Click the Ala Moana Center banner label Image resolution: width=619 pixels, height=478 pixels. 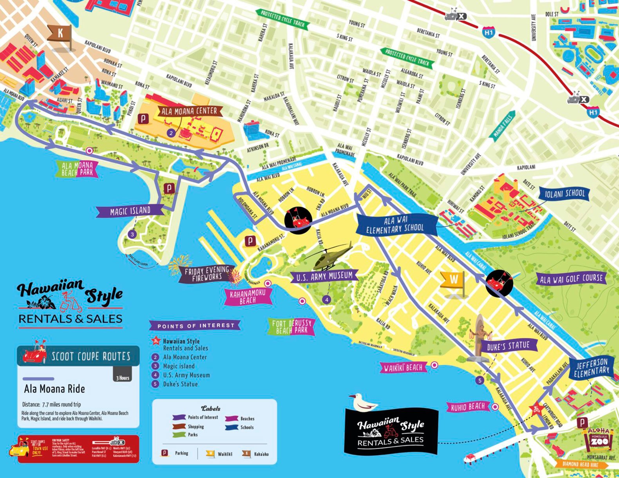point(190,111)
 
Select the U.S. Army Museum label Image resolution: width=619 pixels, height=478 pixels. point(324,277)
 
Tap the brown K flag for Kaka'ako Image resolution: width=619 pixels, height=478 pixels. point(60,33)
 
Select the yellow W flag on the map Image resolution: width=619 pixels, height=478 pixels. point(454,279)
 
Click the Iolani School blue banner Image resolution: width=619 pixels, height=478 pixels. point(564,194)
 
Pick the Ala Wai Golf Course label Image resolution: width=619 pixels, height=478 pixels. point(571,279)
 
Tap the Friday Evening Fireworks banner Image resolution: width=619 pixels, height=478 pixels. point(207,273)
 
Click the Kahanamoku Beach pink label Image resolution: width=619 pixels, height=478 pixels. point(248,297)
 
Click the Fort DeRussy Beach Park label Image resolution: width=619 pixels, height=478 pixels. point(292,326)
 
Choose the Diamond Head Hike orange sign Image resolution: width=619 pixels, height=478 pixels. point(582,464)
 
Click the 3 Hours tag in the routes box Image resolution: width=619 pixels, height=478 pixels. point(123,378)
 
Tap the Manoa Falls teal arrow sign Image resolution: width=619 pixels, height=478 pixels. point(503,125)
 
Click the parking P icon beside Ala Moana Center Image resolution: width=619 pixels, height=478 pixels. point(143,119)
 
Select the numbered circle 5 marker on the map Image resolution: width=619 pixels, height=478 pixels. point(480,380)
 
